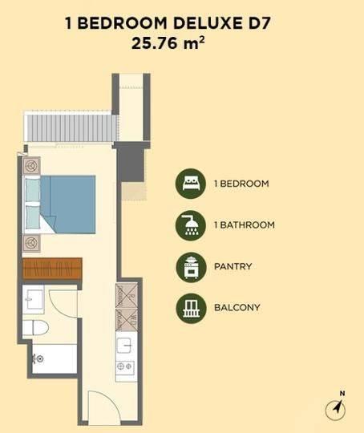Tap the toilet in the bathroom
(x=35, y=328)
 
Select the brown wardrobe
(x=52, y=269)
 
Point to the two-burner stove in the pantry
(x=125, y=366)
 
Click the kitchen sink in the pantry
(x=124, y=346)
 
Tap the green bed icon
(x=191, y=184)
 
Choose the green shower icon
(x=191, y=225)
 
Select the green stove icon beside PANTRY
(x=191, y=267)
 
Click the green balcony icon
(x=191, y=308)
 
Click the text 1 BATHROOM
(x=245, y=225)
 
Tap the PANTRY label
(x=233, y=266)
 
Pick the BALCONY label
(x=237, y=308)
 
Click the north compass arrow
(x=336, y=408)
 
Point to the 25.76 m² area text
(x=168, y=43)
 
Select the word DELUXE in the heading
(x=205, y=23)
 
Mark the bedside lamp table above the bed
(x=31, y=166)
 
